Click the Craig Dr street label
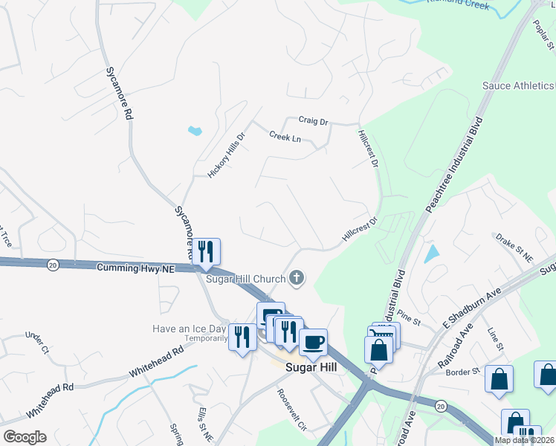313,120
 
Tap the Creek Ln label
285,137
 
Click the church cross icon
297,278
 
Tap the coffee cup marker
313,343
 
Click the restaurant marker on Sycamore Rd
206,251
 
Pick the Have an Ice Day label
189,329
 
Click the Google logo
25,437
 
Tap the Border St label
463,371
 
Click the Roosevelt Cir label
292,410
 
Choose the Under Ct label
36,343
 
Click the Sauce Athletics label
518,86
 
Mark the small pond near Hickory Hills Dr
195,132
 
